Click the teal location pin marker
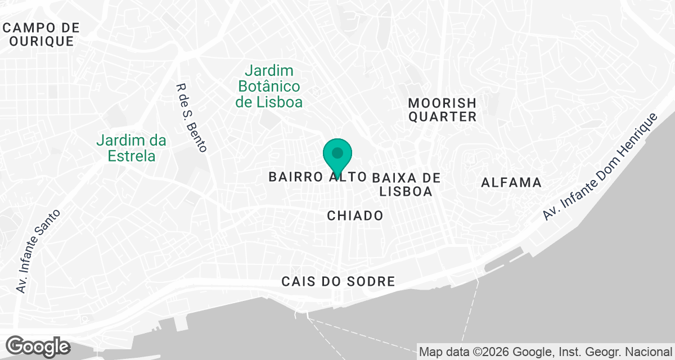(x=337, y=154)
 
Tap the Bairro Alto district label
(x=317, y=177)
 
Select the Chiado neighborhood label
(x=355, y=215)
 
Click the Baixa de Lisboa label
(x=406, y=184)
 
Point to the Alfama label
(x=511, y=182)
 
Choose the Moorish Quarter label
(x=442, y=110)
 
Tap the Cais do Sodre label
(x=339, y=281)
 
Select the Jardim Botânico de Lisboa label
(x=269, y=86)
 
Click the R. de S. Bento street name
(x=192, y=118)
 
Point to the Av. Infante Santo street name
(x=38, y=251)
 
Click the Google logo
(x=38, y=346)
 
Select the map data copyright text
(x=546, y=352)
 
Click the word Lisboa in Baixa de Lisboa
(x=406, y=191)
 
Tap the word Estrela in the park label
(x=132, y=155)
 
